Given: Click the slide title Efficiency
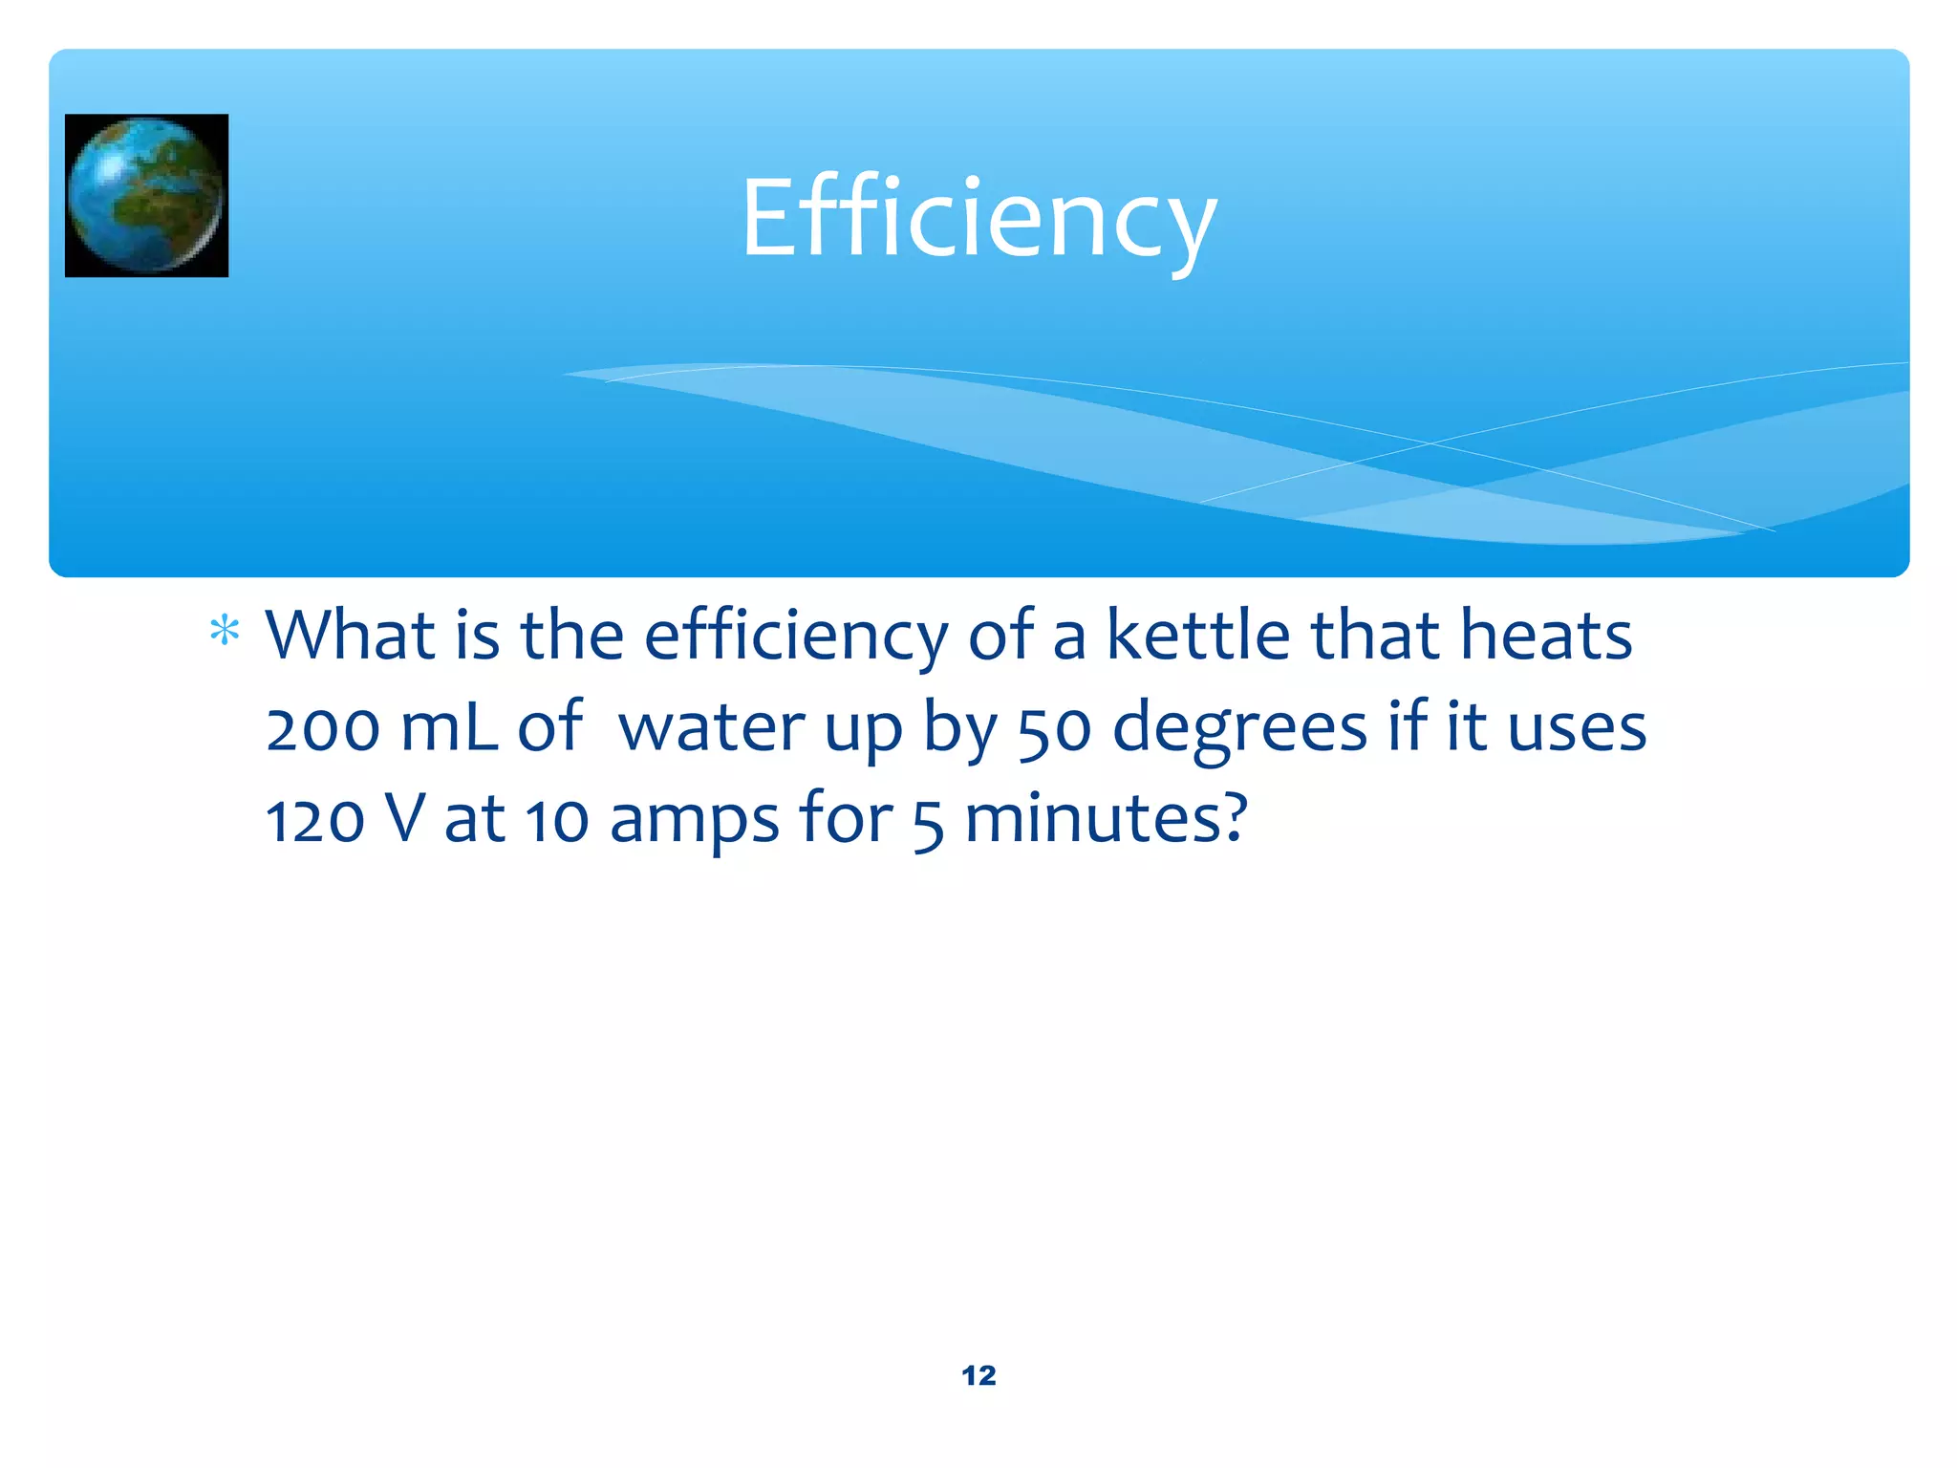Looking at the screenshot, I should tap(978, 220).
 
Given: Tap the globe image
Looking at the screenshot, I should tap(146, 195).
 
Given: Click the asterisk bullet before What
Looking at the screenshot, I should tap(225, 632).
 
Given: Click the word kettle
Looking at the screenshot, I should tap(1198, 635).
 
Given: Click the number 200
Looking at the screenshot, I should tap(323, 728).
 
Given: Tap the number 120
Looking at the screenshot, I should tap(315, 820).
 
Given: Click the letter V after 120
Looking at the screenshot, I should tap(403, 819).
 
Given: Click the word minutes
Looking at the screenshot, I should tap(1106, 819).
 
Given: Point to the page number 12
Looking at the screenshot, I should tap(978, 1375).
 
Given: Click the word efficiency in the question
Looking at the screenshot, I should tap(796, 637).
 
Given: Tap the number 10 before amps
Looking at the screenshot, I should tap(557, 820).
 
